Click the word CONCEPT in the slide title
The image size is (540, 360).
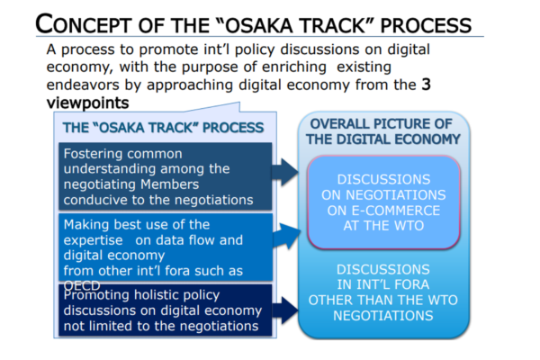click(x=84, y=24)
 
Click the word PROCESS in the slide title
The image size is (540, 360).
click(x=426, y=25)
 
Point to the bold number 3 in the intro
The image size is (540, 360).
click(x=426, y=85)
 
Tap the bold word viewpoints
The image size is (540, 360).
click(x=88, y=103)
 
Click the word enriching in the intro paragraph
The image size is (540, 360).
click(x=294, y=67)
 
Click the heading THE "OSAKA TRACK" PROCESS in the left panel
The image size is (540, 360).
click(x=163, y=128)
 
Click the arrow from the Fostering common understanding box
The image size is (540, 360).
click(x=284, y=172)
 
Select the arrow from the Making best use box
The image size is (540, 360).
click(x=286, y=236)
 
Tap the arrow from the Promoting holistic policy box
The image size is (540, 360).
click(x=285, y=310)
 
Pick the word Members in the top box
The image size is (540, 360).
click(x=170, y=184)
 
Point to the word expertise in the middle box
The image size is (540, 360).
click(x=93, y=240)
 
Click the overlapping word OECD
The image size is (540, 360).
click(x=82, y=285)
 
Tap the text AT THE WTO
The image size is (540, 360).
click(x=383, y=226)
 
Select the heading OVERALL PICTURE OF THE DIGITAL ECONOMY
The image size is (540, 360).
click(x=383, y=131)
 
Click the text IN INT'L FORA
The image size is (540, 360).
click(x=383, y=284)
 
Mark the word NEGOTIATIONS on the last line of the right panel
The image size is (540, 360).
click(x=383, y=316)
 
